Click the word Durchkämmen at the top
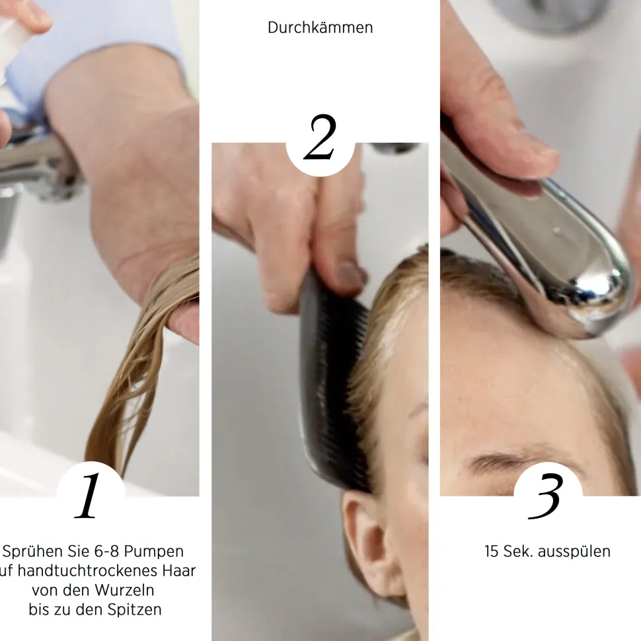pyautogui.click(x=320, y=28)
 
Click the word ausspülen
pyautogui.click(x=574, y=551)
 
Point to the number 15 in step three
pyautogui.click(x=492, y=551)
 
